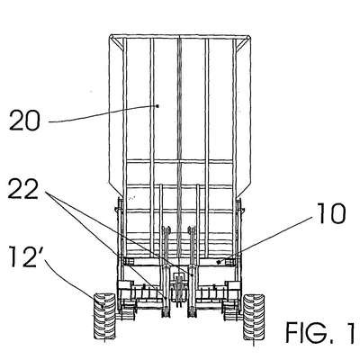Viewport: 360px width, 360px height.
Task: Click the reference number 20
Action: pyautogui.click(x=24, y=120)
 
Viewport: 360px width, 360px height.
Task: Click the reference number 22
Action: pyautogui.click(x=23, y=189)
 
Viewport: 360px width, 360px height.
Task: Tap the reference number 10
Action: pyautogui.click(x=331, y=214)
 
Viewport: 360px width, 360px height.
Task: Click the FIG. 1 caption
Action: pyautogui.click(x=319, y=333)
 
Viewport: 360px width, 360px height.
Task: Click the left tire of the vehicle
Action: pyautogui.click(x=104, y=317)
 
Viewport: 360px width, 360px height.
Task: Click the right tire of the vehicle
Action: pyautogui.click(x=254, y=317)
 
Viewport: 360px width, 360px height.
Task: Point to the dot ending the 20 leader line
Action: pyautogui.click(x=157, y=105)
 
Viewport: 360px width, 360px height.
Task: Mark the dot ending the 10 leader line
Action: pyautogui.click(x=219, y=262)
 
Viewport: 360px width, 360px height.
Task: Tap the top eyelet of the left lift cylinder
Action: pyautogui.click(x=166, y=229)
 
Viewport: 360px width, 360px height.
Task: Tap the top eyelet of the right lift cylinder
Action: pyautogui.click(x=192, y=229)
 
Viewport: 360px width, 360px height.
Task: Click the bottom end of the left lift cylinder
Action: pyautogui.click(x=166, y=313)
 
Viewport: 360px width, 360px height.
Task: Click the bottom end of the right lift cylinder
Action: pyautogui.click(x=192, y=313)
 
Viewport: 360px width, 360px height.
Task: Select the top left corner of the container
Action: pyautogui.click(x=110, y=36)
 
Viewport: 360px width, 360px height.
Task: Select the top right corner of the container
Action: pyautogui.click(x=249, y=36)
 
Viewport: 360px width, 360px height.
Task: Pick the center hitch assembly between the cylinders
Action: pyautogui.click(x=179, y=289)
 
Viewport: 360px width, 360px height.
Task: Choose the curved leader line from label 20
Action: pyautogui.click(x=103, y=115)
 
